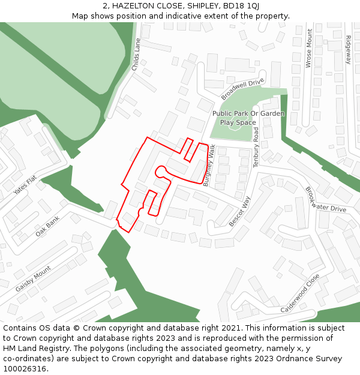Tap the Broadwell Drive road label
point(242,89)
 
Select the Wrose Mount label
point(309,48)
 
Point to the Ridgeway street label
point(349,50)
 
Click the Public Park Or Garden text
point(248,113)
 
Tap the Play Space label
point(238,122)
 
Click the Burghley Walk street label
point(209,166)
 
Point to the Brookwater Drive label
point(326,200)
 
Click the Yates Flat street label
point(25,185)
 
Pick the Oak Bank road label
point(48,226)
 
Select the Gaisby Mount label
point(33,280)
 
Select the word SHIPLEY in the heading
point(199,5)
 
